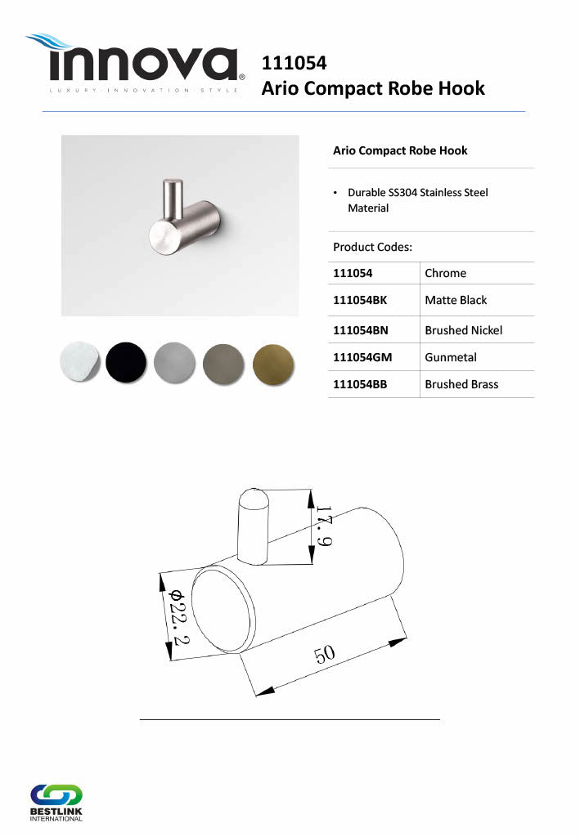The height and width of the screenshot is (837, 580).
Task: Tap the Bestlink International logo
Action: coord(56,803)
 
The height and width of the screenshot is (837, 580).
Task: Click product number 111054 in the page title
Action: coord(294,63)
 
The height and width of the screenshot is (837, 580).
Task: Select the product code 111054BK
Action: coord(359,300)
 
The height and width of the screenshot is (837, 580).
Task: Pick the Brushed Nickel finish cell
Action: coord(464,330)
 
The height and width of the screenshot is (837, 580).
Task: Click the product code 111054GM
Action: coord(362,357)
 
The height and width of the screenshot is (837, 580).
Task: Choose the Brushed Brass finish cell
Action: coord(461,384)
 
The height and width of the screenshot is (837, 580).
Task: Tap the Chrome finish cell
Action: coord(445,273)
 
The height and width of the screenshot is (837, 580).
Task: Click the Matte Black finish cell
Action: coord(456,300)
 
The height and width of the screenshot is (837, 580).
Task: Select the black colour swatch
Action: coord(126,362)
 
